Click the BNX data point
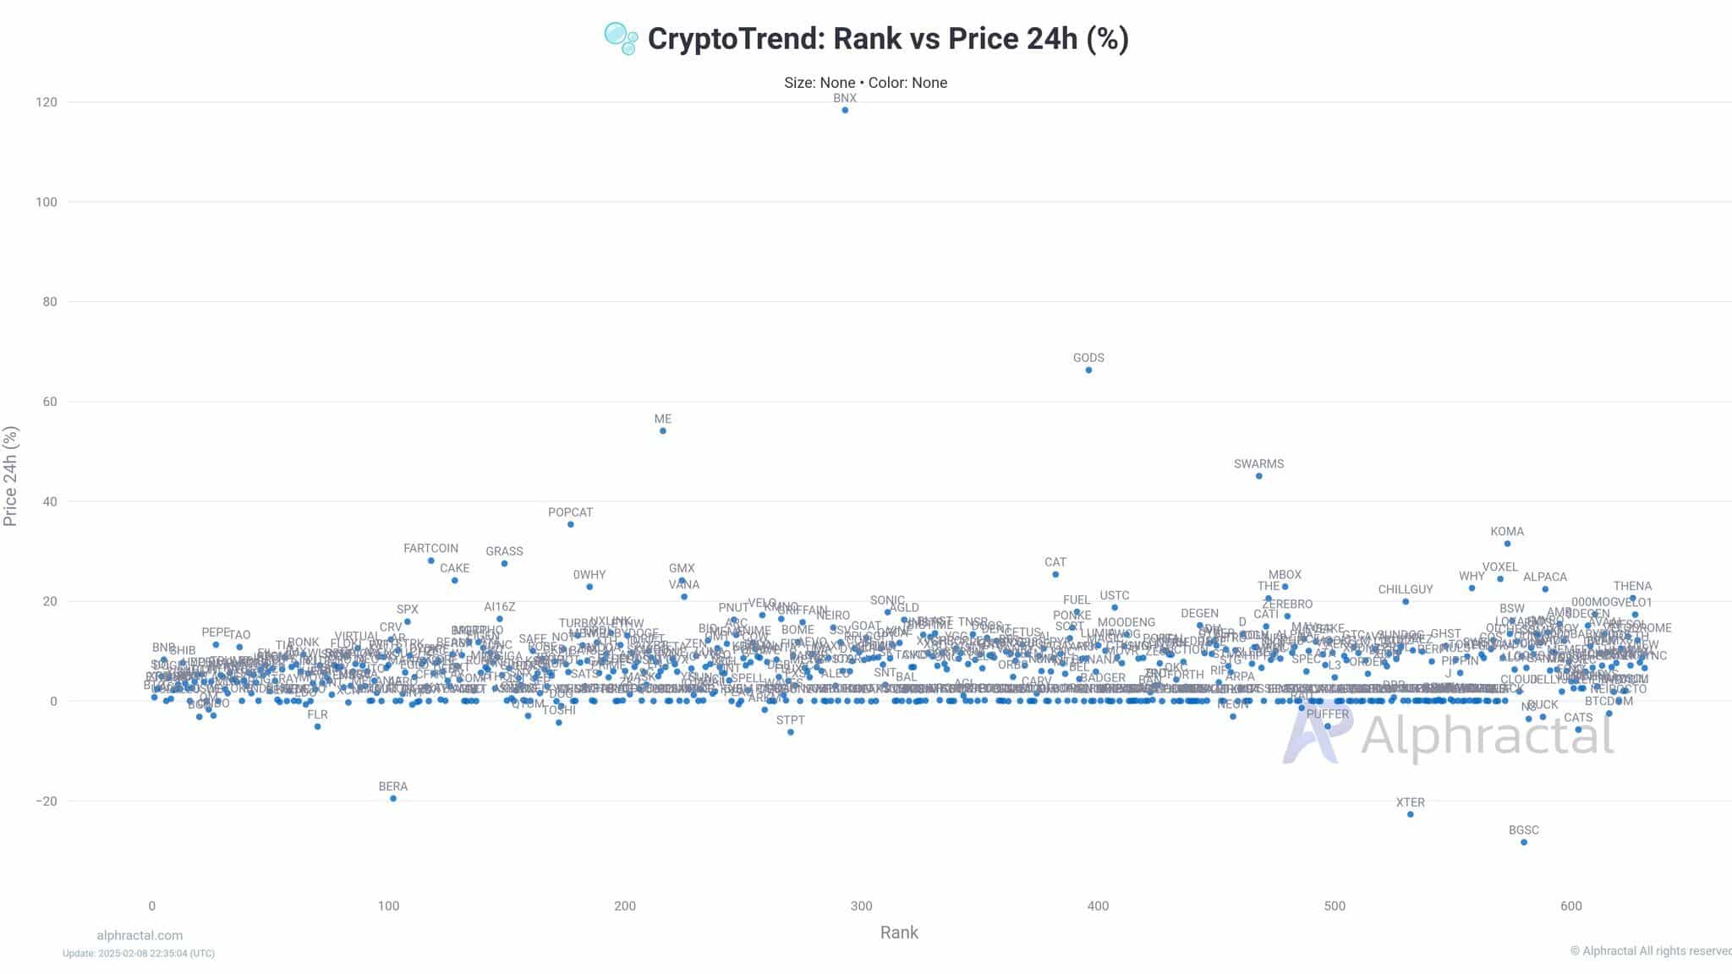[x=845, y=110]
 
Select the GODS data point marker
[x=1088, y=370]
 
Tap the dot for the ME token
[x=663, y=431]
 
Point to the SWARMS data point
[x=1259, y=476]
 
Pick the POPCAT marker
[x=571, y=524]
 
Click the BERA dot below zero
[x=393, y=798]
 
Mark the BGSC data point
[x=1524, y=842]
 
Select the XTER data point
[x=1411, y=814]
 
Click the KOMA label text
[x=1507, y=532]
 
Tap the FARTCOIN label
[x=430, y=549]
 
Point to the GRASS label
[x=504, y=551]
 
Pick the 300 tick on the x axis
[x=861, y=906]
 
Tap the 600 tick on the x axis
[x=1570, y=906]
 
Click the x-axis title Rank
[x=899, y=933]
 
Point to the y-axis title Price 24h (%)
[x=11, y=476]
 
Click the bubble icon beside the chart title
[x=621, y=38]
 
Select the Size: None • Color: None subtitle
[x=865, y=83]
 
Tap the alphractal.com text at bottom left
[x=140, y=935]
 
